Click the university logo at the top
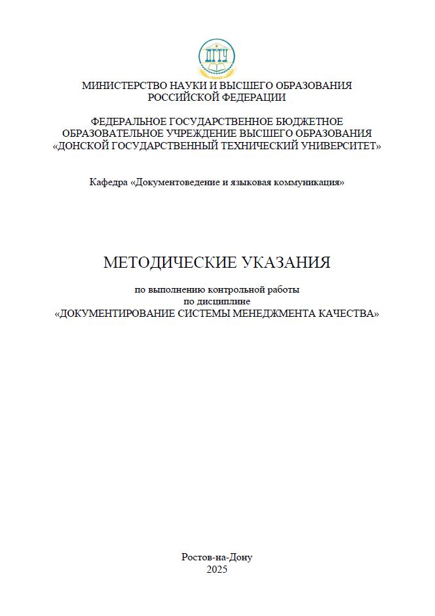(217, 57)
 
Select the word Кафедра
(109, 182)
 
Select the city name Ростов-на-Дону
(217, 557)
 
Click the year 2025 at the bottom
(217, 570)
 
